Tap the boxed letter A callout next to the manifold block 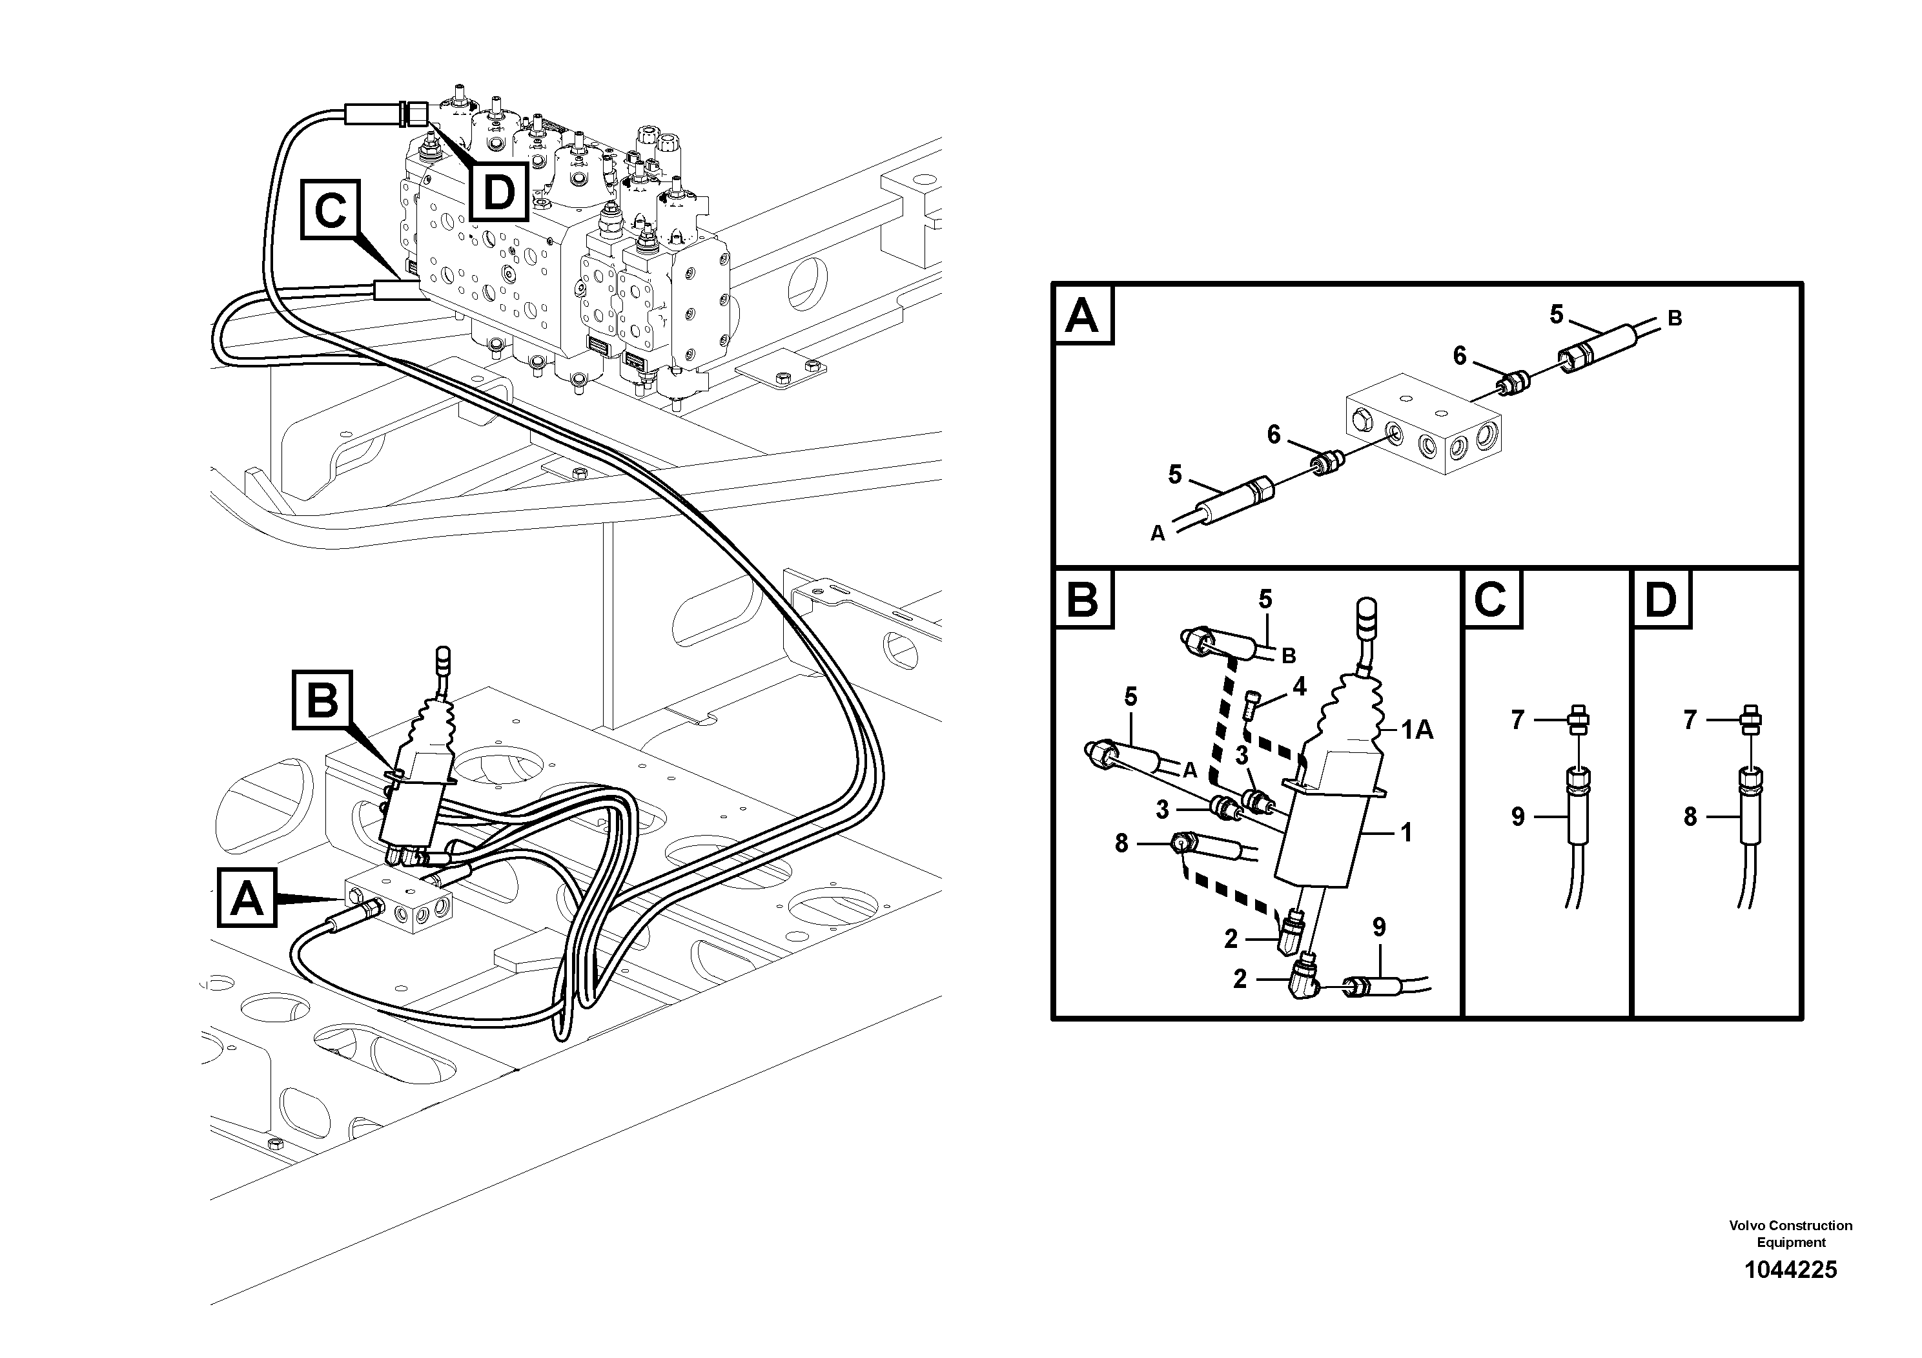[x=247, y=898]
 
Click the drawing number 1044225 [x=1790, y=1270]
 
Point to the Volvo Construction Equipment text [x=1790, y=1233]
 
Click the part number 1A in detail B [x=1417, y=731]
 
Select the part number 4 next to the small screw [x=1299, y=687]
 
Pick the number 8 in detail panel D [x=1690, y=816]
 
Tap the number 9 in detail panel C [x=1518, y=816]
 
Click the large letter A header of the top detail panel [x=1083, y=316]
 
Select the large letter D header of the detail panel [x=1661, y=599]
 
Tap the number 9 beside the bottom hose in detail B [x=1380, y=927]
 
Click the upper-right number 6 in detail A [x=1460, y=356]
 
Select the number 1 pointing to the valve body [x=1406, y=832]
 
